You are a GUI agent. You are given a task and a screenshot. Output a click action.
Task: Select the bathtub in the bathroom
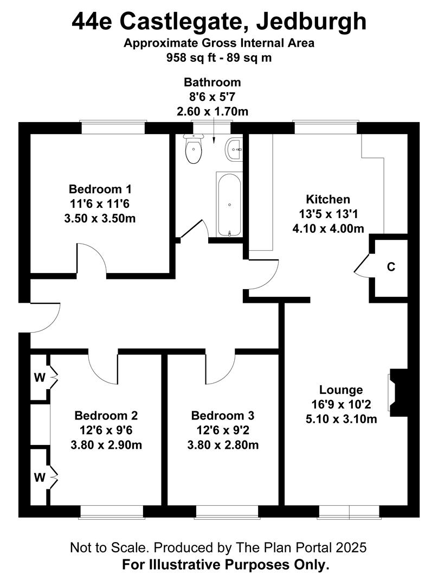tap(229, 205)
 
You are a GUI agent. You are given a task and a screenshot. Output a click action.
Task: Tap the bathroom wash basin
tap(234, 150)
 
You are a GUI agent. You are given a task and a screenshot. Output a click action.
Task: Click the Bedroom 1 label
tap(100, 189)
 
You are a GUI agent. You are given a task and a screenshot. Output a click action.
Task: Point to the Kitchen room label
tap(328, 199)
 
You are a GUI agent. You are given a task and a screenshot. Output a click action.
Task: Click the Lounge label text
tap(341, 390)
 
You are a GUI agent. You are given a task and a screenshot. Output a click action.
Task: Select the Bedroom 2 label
tap(106, 415)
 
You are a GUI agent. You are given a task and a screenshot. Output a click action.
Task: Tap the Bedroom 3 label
tap(223, 415)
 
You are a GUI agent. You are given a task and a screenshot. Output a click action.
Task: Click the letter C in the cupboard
tap(391, 267)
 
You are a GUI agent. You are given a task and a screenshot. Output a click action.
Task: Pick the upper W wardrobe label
tap(40, 378)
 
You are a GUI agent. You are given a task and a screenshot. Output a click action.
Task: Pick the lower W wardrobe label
tap(40, 477)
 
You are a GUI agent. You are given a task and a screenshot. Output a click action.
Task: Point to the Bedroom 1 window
tap(113, 128)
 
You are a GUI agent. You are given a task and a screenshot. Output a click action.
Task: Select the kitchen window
tap(326, 128)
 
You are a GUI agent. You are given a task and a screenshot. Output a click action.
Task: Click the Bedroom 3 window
tap(227, 512)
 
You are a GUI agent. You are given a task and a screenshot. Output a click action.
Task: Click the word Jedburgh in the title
tap(311, 22)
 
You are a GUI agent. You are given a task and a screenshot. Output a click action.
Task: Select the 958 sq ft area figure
tap(190, 58)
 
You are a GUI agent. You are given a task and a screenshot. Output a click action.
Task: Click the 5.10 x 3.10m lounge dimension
tap(342, 419)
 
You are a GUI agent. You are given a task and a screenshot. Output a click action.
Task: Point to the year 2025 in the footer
tap(351, 547)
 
